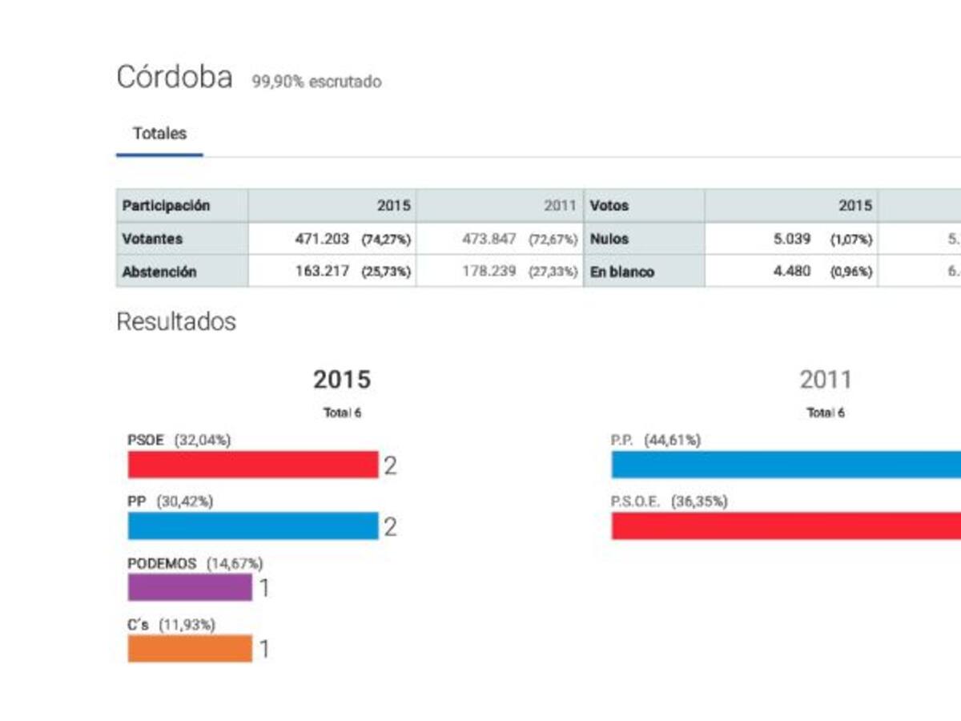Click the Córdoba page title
point(175,78)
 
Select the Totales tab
point(159,134)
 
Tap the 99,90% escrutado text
point(316,82)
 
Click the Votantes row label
point(152,239)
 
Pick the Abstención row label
point(159,272)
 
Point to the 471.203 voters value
point(322,239)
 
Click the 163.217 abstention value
point(322,272)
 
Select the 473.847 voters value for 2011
point(489,239)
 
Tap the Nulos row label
point(609,239)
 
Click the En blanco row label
point(622,272)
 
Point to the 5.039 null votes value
point(791,239)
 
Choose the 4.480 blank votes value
point(791,272)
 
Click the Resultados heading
point(176,322)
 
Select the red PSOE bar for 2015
point(252,465)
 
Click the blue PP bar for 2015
point(252,526)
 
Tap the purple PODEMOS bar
point(190,587)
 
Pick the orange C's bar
point(190,649)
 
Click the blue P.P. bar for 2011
point(785,465)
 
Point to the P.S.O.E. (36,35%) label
point(669,501)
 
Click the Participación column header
point(166,206)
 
